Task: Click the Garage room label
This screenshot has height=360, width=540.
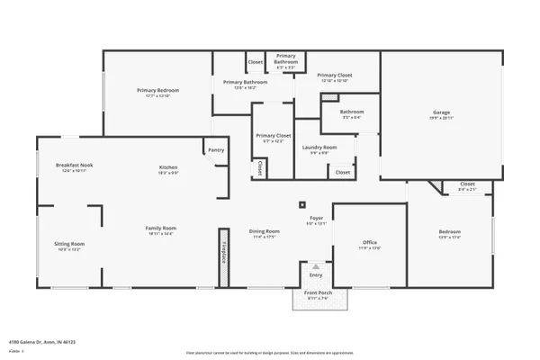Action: point(442,112)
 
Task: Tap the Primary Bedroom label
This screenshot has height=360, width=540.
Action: point(157,90)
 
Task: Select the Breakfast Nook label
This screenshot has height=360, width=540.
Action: point(74,165)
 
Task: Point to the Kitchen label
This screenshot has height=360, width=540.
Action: point(168,166)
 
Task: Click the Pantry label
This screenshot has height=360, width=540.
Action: point(216,150)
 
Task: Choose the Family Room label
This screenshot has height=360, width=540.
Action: point(161,228)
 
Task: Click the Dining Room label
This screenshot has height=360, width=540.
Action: point(265,231)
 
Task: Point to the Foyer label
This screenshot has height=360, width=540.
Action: point(316,217)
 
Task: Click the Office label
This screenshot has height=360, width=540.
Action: point(369,242)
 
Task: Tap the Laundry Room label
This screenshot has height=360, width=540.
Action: point(319,147)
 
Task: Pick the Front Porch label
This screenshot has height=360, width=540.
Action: point(316,293)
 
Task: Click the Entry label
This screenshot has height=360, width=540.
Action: point(316,274)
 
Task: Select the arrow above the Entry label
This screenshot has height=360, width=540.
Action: point(316,266)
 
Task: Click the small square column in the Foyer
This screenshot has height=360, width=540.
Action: point(302,205)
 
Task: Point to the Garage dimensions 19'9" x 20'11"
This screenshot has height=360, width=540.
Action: point(442,118)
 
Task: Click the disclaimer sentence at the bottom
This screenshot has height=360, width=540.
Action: point(270,353)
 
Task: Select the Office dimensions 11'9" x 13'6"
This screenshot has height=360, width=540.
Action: point(369,247)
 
